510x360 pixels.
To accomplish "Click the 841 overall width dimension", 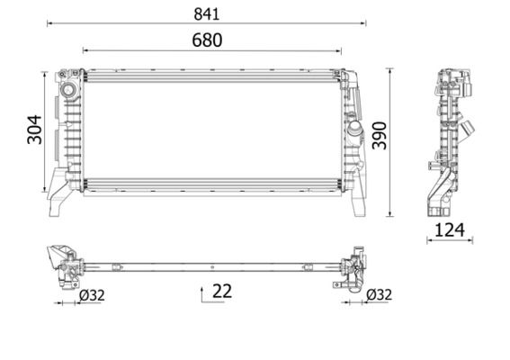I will click(206, 13).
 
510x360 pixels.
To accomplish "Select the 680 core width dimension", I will click(206, 40).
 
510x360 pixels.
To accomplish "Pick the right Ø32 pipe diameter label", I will click(379, 293).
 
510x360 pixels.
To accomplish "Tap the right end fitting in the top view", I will click(353, 267).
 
